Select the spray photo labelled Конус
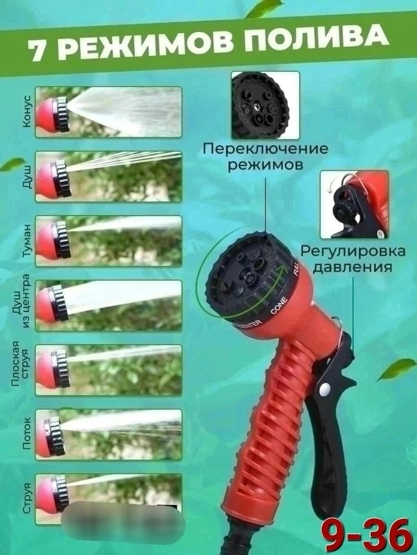point(108,111)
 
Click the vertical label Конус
point(25,112)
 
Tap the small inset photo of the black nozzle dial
point(265,105)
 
